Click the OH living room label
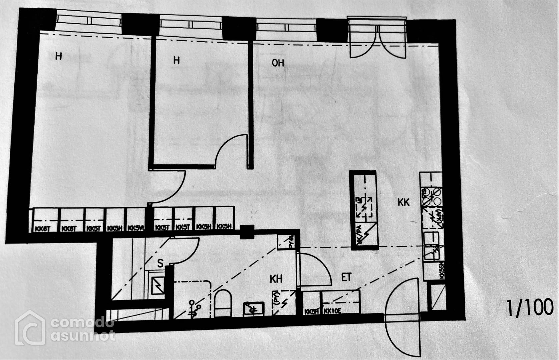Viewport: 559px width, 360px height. [x=278, y=63]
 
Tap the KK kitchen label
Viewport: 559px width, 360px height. [x=403, y=202]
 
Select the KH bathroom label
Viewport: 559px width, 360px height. [x=276, y=279]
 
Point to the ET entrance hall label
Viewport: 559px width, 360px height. [x=346, y=277]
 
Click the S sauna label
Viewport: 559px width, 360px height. [x=160, y=263]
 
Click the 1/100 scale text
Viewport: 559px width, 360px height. [x=529, y=308]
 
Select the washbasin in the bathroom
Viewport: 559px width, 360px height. [x=254, y=309]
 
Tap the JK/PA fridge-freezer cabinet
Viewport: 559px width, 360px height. [x=365, y=235]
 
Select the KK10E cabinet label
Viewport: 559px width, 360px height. [x=332, y=312]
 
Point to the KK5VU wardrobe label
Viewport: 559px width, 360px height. [x=136, y=228]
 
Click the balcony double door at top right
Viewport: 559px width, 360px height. [x=377, y=42]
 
